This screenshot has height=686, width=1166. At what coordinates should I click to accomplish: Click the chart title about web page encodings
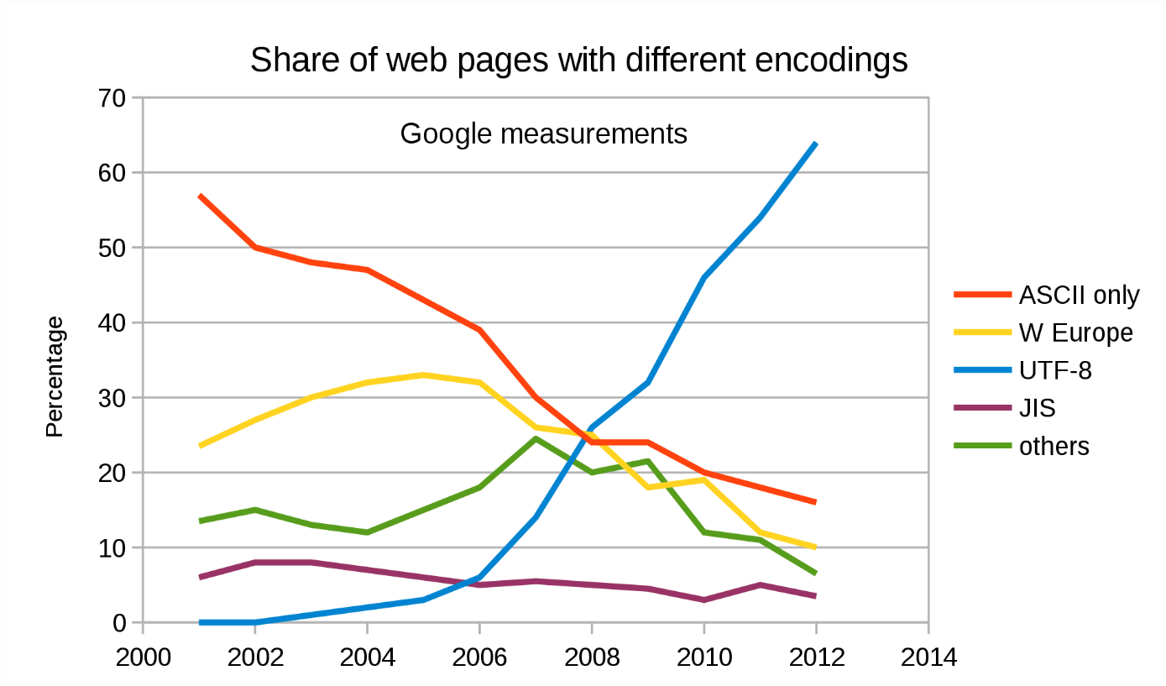click(578, 60)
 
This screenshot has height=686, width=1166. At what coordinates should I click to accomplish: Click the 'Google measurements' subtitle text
click(543, 134)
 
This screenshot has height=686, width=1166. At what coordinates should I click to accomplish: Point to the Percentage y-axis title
click(55, 377)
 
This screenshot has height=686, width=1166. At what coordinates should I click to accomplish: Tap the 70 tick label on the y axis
click(111, 98)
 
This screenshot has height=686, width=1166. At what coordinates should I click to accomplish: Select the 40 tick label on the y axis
click(111, 323)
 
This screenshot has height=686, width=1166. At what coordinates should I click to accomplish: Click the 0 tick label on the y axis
click(118, 623)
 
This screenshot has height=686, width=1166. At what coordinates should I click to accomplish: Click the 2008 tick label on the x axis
click(592, 657)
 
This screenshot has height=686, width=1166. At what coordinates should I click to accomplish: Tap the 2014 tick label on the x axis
click(928, 657)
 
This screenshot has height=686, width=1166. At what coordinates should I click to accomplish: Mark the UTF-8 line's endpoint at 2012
click(816, 144)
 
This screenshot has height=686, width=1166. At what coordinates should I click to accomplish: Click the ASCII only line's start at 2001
click(199, 196)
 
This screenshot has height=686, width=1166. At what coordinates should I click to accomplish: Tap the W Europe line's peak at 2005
click(423, 375)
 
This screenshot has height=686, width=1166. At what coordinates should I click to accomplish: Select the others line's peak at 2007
click(536, 438)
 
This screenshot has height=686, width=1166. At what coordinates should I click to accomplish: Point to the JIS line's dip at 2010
click(703, 600)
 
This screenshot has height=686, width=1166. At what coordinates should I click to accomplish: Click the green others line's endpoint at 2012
click(816, 573)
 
